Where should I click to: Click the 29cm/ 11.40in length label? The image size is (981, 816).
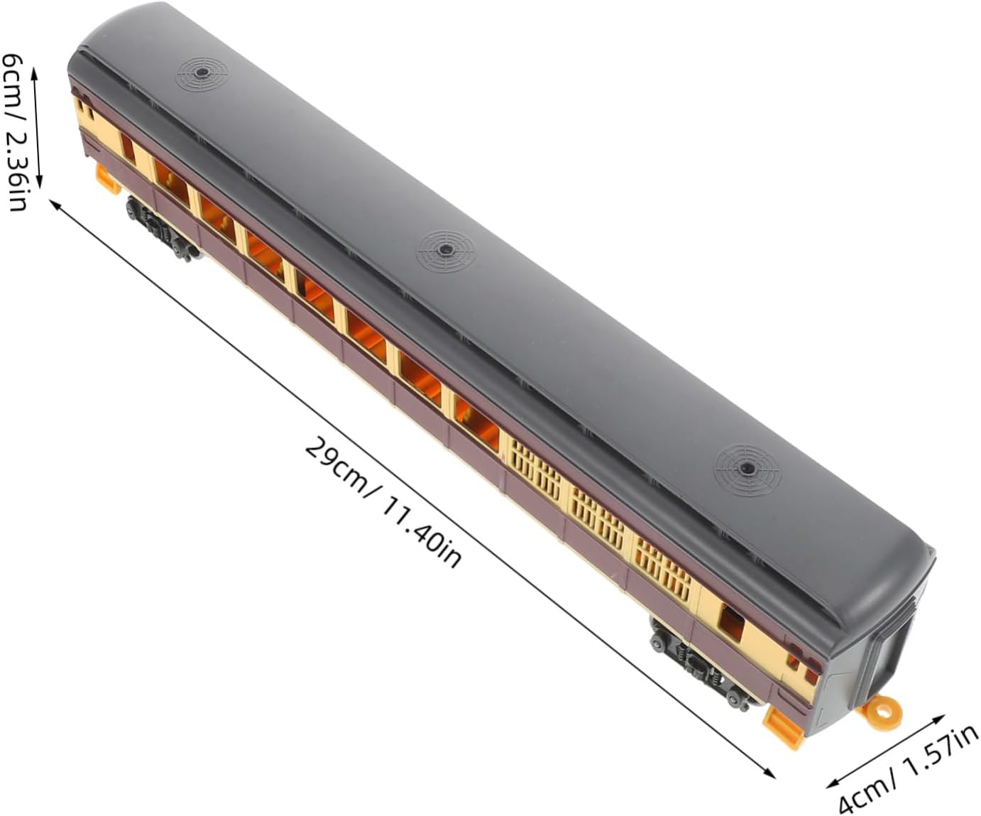coord(383,503)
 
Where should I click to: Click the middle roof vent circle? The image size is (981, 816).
coord(445,252)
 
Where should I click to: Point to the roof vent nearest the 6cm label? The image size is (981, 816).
coord(202,73)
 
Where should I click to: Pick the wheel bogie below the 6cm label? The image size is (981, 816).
coord(160,229)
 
